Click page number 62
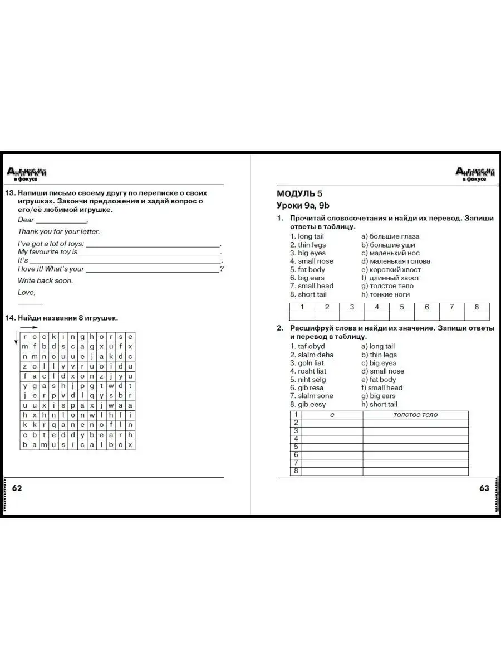[x=17, y=488]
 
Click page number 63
[x=484, y=488]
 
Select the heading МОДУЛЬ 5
[x=299, y=194]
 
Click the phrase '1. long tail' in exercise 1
[x=307, y=236]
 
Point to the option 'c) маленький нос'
[x=390, y=253]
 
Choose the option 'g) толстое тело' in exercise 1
[x=387, y=286]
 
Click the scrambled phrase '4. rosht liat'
[x=308, y=371]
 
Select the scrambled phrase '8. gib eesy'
[x=308, y=404]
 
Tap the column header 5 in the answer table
[x=402, y=307]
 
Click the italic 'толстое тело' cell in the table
[x=415, y=415]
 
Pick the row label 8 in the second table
[x=296, y=471]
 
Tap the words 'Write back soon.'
[x=45, y=280]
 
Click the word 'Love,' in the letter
[x=26, y=292]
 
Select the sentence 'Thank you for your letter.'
[x=58, y=231]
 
